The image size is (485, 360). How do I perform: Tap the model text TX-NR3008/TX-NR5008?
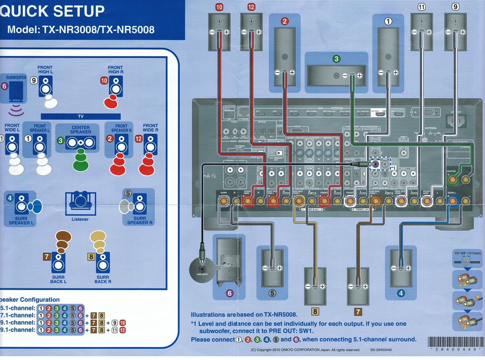pyautogui.click(x=81, y=30)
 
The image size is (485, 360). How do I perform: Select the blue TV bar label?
pyautogui.click(x=80, y=117)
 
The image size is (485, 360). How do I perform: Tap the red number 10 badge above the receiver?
pyautogui.click(x=219, y=7)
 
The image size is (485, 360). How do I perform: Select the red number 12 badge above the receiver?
pyautogui.click(x=251, y=7)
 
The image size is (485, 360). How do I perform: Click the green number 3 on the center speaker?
pyautogui.click(x=336, y=59)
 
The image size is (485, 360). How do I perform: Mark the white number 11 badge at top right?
pyautogui.click(x=422, y=7)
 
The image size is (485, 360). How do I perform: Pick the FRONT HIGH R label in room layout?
pyautogui.click(x=115, y=70)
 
